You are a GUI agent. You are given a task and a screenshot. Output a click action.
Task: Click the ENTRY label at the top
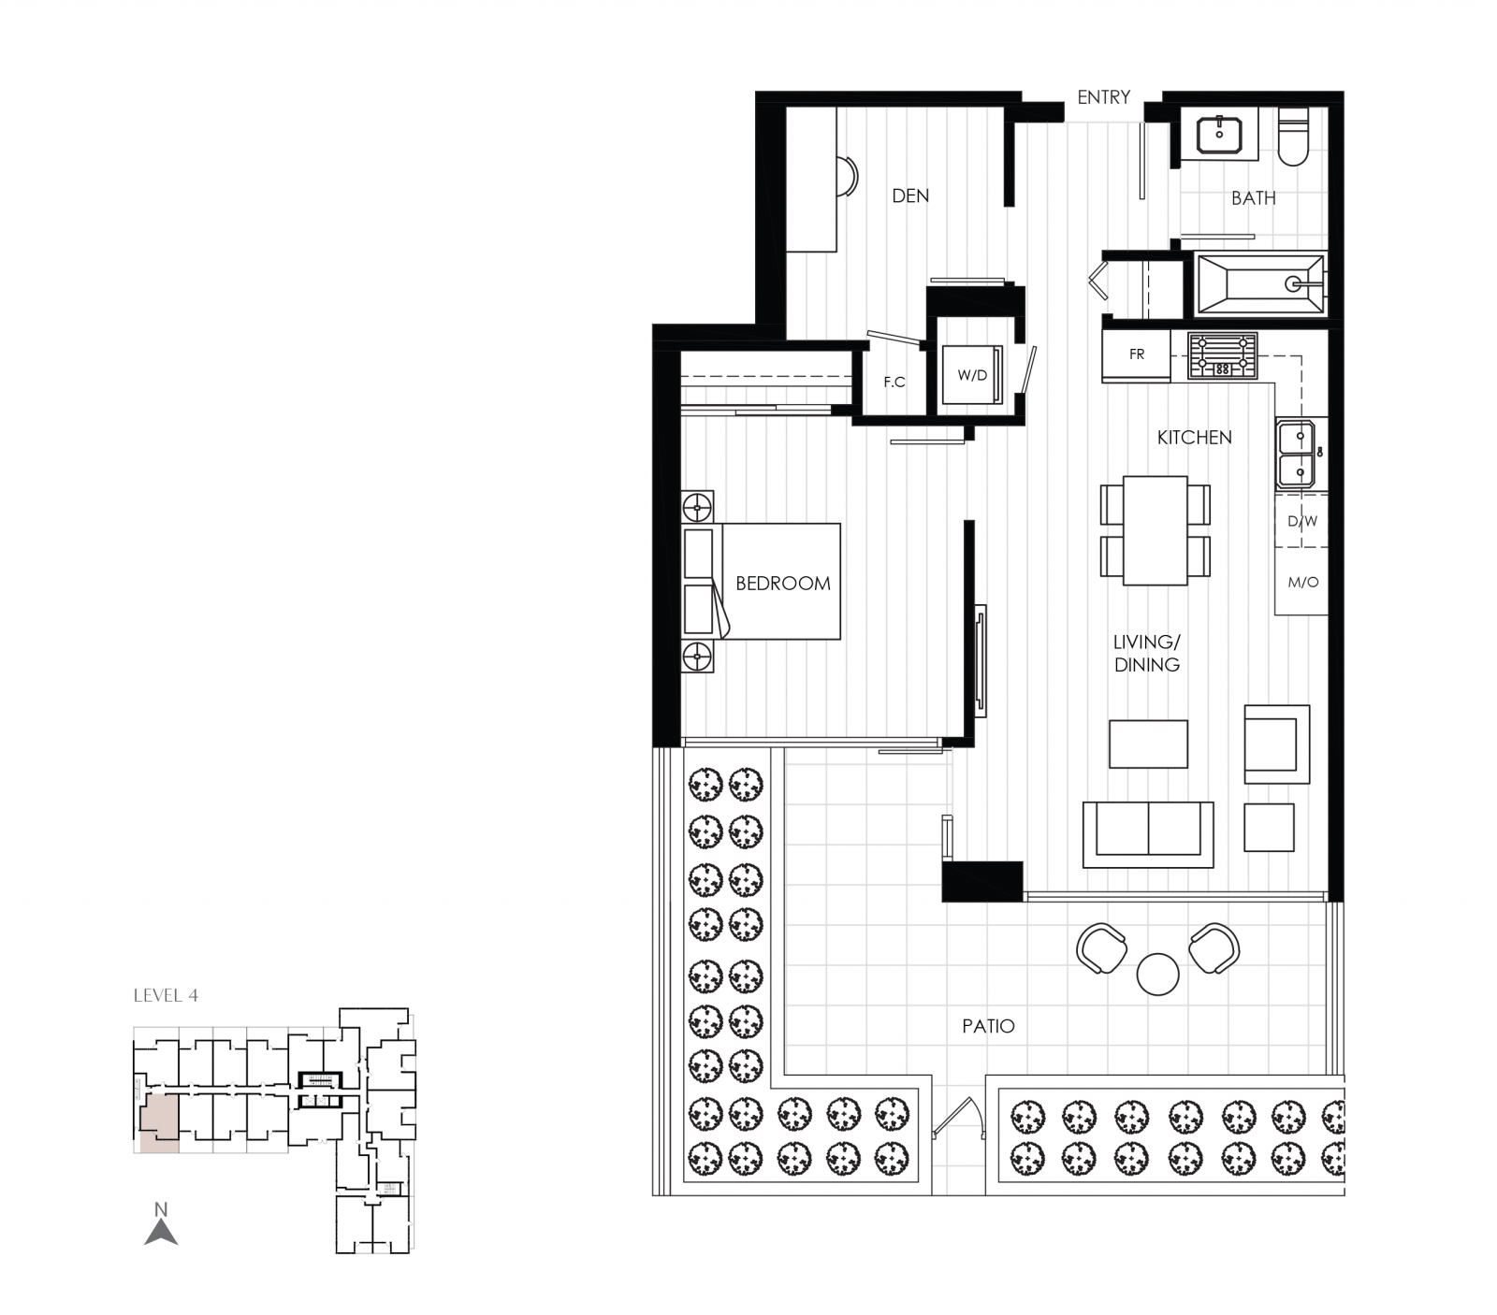(x=1103, y=97)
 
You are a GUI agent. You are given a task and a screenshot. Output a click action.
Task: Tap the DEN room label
(x=910, y=195)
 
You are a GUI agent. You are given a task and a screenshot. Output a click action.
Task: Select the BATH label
(x=1253, y=198)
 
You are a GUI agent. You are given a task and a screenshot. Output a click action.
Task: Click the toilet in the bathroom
(x=1294, y=137)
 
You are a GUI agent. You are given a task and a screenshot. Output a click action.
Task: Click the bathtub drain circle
(x=1293, y=283)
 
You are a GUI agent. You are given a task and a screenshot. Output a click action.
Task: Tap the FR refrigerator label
(x=1137, y=354)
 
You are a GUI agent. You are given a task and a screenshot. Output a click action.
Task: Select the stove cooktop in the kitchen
(x=1222, y=356)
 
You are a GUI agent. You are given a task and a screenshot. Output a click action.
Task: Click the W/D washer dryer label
(x=972, y=376)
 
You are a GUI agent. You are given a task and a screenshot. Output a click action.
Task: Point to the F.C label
(x=894, y=382)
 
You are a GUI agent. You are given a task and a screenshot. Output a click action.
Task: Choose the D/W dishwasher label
(x=1302, y=521)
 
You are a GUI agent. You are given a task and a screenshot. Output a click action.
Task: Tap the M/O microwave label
(x=1303, y=582)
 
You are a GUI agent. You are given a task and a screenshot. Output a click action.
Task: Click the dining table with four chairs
(x=1155, y=530)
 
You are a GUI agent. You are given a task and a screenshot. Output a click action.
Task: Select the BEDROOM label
(x=783, y=584)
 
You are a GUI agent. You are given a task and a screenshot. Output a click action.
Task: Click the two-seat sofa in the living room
(x=1148, y=834)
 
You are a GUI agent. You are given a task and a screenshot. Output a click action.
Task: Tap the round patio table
(x=1158, y=974)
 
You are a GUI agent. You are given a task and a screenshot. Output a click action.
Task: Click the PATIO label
(x=988, y=1026)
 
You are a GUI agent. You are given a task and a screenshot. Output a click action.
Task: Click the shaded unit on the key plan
(x=158, y=1120)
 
